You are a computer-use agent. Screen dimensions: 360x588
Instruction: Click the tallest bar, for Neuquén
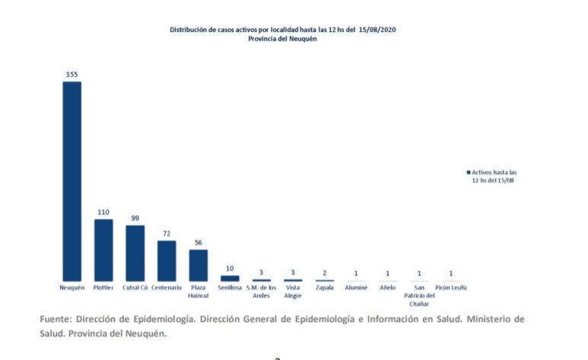[72, 181]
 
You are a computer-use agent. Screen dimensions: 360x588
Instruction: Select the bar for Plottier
[103, 250]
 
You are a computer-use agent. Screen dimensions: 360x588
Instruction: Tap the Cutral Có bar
[135, 253]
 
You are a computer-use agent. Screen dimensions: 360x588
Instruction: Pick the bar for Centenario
[167, 261]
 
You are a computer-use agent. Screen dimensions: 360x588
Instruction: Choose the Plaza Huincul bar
[198, 266]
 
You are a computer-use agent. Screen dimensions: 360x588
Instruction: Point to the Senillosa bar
[230, 279]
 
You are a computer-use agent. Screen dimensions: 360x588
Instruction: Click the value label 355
[72, 75]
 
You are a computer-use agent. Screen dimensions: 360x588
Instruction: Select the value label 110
[103, 212]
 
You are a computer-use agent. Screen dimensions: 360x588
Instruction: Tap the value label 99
[135, 218]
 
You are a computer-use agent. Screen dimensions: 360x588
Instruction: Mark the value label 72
[167, 234]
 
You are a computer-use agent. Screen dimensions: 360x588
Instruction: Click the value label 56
[198, 243]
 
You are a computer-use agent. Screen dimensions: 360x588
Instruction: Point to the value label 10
[230, 269]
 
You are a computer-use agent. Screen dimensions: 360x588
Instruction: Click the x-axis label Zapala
[325, 288]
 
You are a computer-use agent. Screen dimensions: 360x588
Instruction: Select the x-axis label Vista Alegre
[293, 292]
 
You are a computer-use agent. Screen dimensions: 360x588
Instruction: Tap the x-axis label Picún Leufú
[451, 288]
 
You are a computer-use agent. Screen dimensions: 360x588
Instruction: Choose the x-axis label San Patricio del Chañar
[419, 295]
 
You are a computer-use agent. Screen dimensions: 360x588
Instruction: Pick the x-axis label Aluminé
[356, 288]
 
